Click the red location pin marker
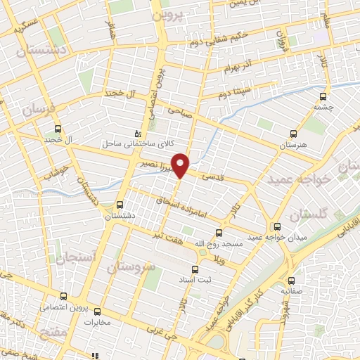click(181, 165)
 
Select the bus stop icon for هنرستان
click(294, 133)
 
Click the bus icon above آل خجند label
click(58, 129)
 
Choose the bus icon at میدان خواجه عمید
click(278, 226)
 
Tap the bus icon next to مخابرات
click(98, 311)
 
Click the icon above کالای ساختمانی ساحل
click(138, 132)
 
